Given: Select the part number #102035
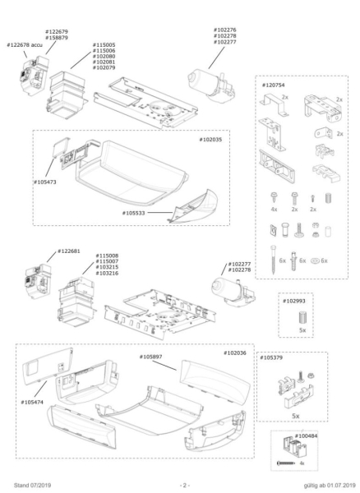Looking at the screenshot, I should click(213, 141).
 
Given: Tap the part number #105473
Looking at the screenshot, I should click(46, 180).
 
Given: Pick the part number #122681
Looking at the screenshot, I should click(69, 251).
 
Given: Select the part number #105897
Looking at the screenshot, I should click(151, 357).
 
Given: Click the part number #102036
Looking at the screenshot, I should click(235, 352).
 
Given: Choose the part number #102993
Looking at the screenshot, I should click(295, 301).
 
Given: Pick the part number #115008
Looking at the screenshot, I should click(107, 256).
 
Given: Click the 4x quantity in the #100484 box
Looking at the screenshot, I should click(302, 464).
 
